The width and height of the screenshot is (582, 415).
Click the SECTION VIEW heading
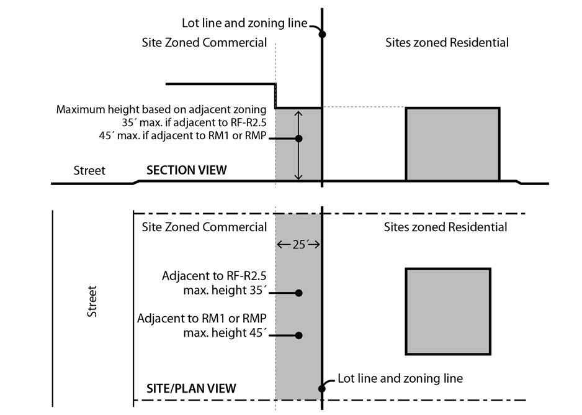[186, 170]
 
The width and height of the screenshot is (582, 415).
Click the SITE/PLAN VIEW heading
[191, 388]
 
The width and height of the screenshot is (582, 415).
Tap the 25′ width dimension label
[299, 245]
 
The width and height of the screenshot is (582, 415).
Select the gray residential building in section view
[452, 144]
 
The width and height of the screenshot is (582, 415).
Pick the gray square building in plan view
[448, 311]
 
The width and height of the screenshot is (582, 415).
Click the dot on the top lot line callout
[322, 34]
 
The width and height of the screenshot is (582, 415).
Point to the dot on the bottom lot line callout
[322, 389]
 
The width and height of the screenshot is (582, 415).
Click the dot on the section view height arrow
[298, 139]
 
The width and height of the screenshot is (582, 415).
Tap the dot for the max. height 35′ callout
[298, 293]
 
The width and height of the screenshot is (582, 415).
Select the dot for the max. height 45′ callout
[298, 335]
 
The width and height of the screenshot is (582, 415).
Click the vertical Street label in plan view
[92, 302]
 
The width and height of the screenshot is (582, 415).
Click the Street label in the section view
[89, 170]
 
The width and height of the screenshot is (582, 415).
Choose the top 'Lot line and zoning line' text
[244, 24]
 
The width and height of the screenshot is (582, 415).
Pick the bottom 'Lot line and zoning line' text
[400, 378]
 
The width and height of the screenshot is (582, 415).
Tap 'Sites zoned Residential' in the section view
[447, 43]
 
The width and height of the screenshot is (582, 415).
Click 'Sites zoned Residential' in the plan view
[445, 227]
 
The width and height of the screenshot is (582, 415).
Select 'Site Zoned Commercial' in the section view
[205, 43]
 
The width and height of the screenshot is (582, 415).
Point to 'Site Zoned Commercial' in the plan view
[205, 227]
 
